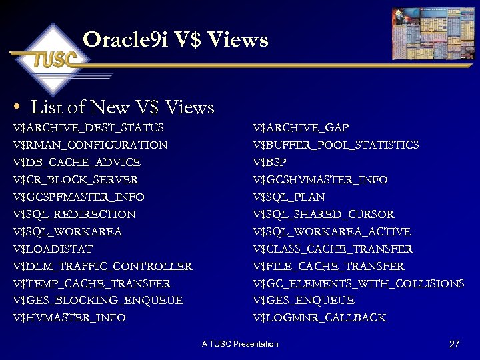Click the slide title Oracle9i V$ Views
pos(175,40)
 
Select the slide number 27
pos(455,344)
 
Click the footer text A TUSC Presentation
pos(240,344)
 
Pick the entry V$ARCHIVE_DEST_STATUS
pos(88,127)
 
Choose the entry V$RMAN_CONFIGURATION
pos(90,145)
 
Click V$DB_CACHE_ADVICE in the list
pos(77,162)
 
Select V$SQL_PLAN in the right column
pos(289,197)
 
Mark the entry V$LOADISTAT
pos(53,249)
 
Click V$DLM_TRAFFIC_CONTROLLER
pos(102,266)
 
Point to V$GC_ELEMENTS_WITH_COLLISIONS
pos(359,283)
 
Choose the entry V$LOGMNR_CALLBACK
pos(320,318)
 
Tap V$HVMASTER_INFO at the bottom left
pos(69,318)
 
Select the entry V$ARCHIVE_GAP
pos(301,127)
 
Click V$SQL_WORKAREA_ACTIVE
pos(332,231)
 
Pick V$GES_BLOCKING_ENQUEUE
pos(97,301)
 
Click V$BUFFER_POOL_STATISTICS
pos(336,145)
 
